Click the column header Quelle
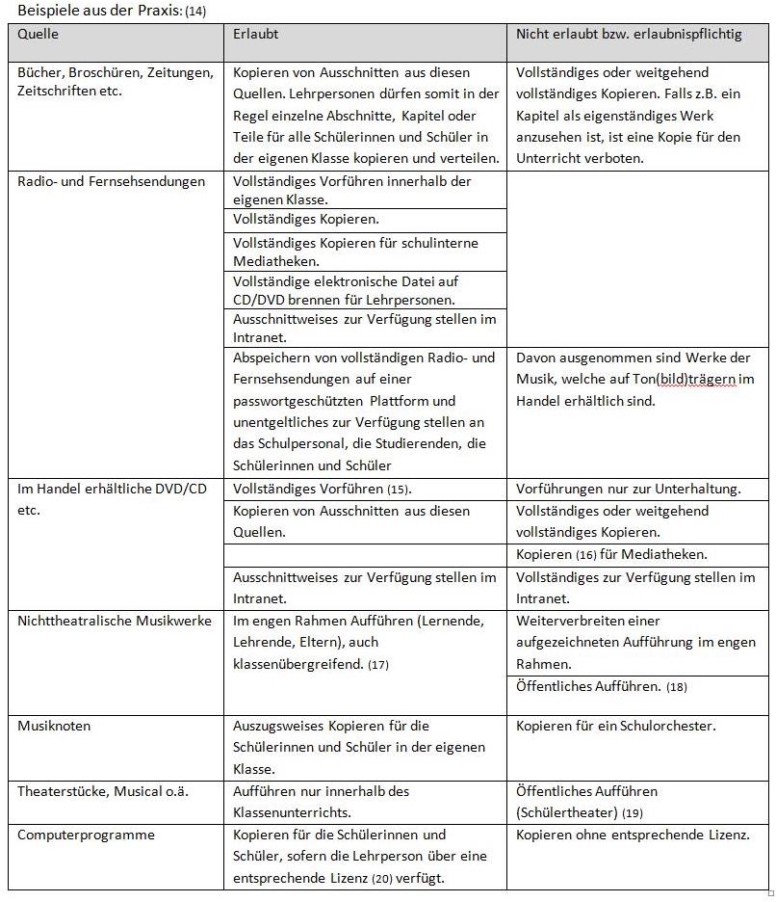coord(39,34)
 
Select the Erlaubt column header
coord(256,34)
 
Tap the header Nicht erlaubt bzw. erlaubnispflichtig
coord(629,34)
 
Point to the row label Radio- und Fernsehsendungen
coord(112,181)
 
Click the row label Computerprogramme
coord(86,835)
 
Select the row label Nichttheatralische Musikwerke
coord(115,621)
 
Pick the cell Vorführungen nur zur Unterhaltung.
coord(628,489)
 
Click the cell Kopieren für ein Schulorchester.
coord(615,726)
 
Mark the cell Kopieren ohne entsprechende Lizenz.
coord(633,835)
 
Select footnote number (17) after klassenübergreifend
coord(378,665)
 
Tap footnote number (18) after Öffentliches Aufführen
coord(677,687)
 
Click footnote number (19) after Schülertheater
coord(633,813)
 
